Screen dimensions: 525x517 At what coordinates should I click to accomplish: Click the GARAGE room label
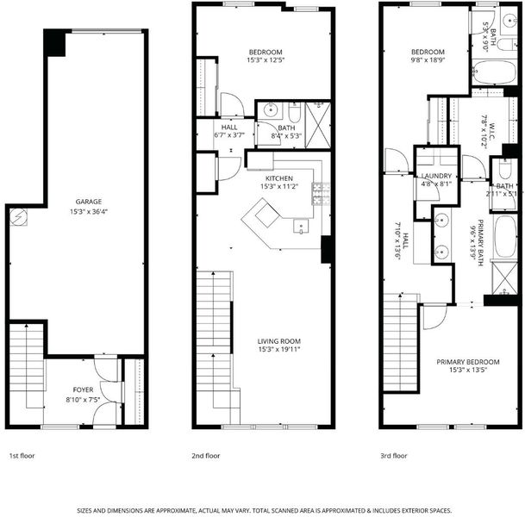click(x=89, y=202)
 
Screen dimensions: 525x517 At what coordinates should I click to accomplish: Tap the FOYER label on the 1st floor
click(x=83, y=389)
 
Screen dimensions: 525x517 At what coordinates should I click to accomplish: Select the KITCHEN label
click(x=279, y=178)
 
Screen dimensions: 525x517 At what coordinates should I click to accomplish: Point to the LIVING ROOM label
click(x=279, y=341)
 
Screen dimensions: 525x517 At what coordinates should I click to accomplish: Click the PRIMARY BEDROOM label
click(x=468, y=362)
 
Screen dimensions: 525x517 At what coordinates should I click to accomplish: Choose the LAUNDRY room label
click(x=436, y=176)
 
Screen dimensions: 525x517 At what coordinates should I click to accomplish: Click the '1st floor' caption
click(x=22, y=456)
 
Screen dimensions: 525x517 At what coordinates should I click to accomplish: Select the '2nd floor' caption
click(x=205, y=456)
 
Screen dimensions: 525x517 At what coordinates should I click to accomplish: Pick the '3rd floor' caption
click(x=393, y=456)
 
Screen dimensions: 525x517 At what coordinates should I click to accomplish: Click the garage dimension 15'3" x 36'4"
click(x=89, y=211)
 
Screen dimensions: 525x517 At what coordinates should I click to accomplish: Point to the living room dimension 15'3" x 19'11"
click(x=279, y=350)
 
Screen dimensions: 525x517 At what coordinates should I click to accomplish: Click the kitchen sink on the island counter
click(x=301, y=226)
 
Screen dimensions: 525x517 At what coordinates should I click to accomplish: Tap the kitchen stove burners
click(x=321, y=194)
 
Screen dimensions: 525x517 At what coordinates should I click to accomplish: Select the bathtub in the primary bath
click(x=505, y=237)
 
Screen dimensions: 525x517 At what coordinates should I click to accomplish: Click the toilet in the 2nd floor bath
click(x=295, y=112)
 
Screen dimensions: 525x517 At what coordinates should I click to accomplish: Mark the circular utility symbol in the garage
click(x=18, y=216)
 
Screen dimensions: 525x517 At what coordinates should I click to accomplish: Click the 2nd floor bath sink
click(x=270, y=109)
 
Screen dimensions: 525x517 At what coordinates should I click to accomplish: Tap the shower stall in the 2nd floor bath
click(x=318, y=125)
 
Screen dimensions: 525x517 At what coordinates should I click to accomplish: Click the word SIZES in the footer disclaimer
click(x=84, y=511)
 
